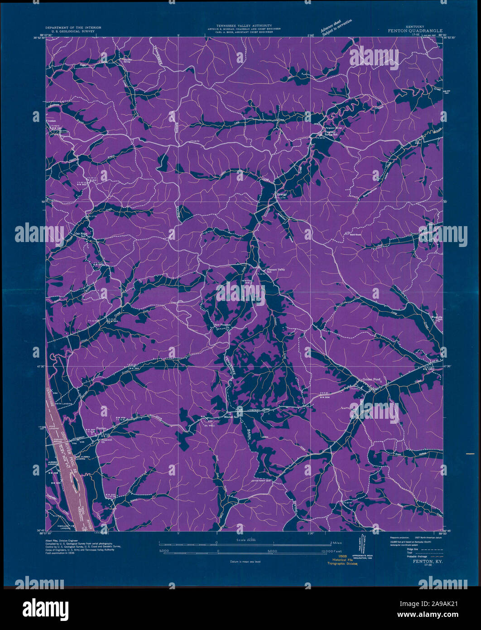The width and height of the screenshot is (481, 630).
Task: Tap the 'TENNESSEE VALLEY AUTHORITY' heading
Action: (244, 25)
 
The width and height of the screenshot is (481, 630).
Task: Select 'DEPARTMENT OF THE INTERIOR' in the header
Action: (70, 27)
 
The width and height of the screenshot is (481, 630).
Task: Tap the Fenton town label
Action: (101, 428)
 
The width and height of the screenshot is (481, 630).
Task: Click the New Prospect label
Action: (222, 325)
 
